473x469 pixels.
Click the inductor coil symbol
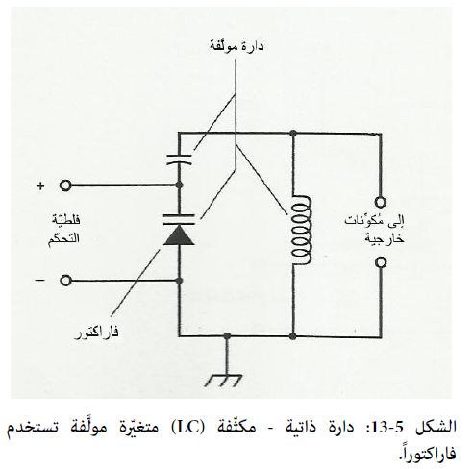pos(301,230)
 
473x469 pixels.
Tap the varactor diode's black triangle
pos(179,234)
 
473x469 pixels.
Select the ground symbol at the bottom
pos(224,381)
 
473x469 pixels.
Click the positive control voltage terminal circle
pos(65,185)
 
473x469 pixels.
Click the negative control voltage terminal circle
pos(65,281)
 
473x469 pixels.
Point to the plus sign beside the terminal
pos(40,185)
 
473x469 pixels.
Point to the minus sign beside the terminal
pos(40,281)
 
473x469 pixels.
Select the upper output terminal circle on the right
pos(381,202)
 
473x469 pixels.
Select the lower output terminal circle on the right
pos(381,262)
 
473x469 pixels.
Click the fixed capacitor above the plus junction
pos(179,160)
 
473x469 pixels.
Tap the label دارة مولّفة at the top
pos(236,46)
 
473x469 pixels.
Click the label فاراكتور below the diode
pos(96,333)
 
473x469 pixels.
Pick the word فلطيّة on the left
pos(66,220)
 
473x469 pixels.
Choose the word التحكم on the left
pos(63,239)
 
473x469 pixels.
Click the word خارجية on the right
pos(385,239)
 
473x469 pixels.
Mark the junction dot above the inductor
pos(292,133)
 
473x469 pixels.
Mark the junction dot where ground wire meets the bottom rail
pos(227,336)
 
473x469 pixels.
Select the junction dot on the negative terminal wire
pos(179,281)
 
